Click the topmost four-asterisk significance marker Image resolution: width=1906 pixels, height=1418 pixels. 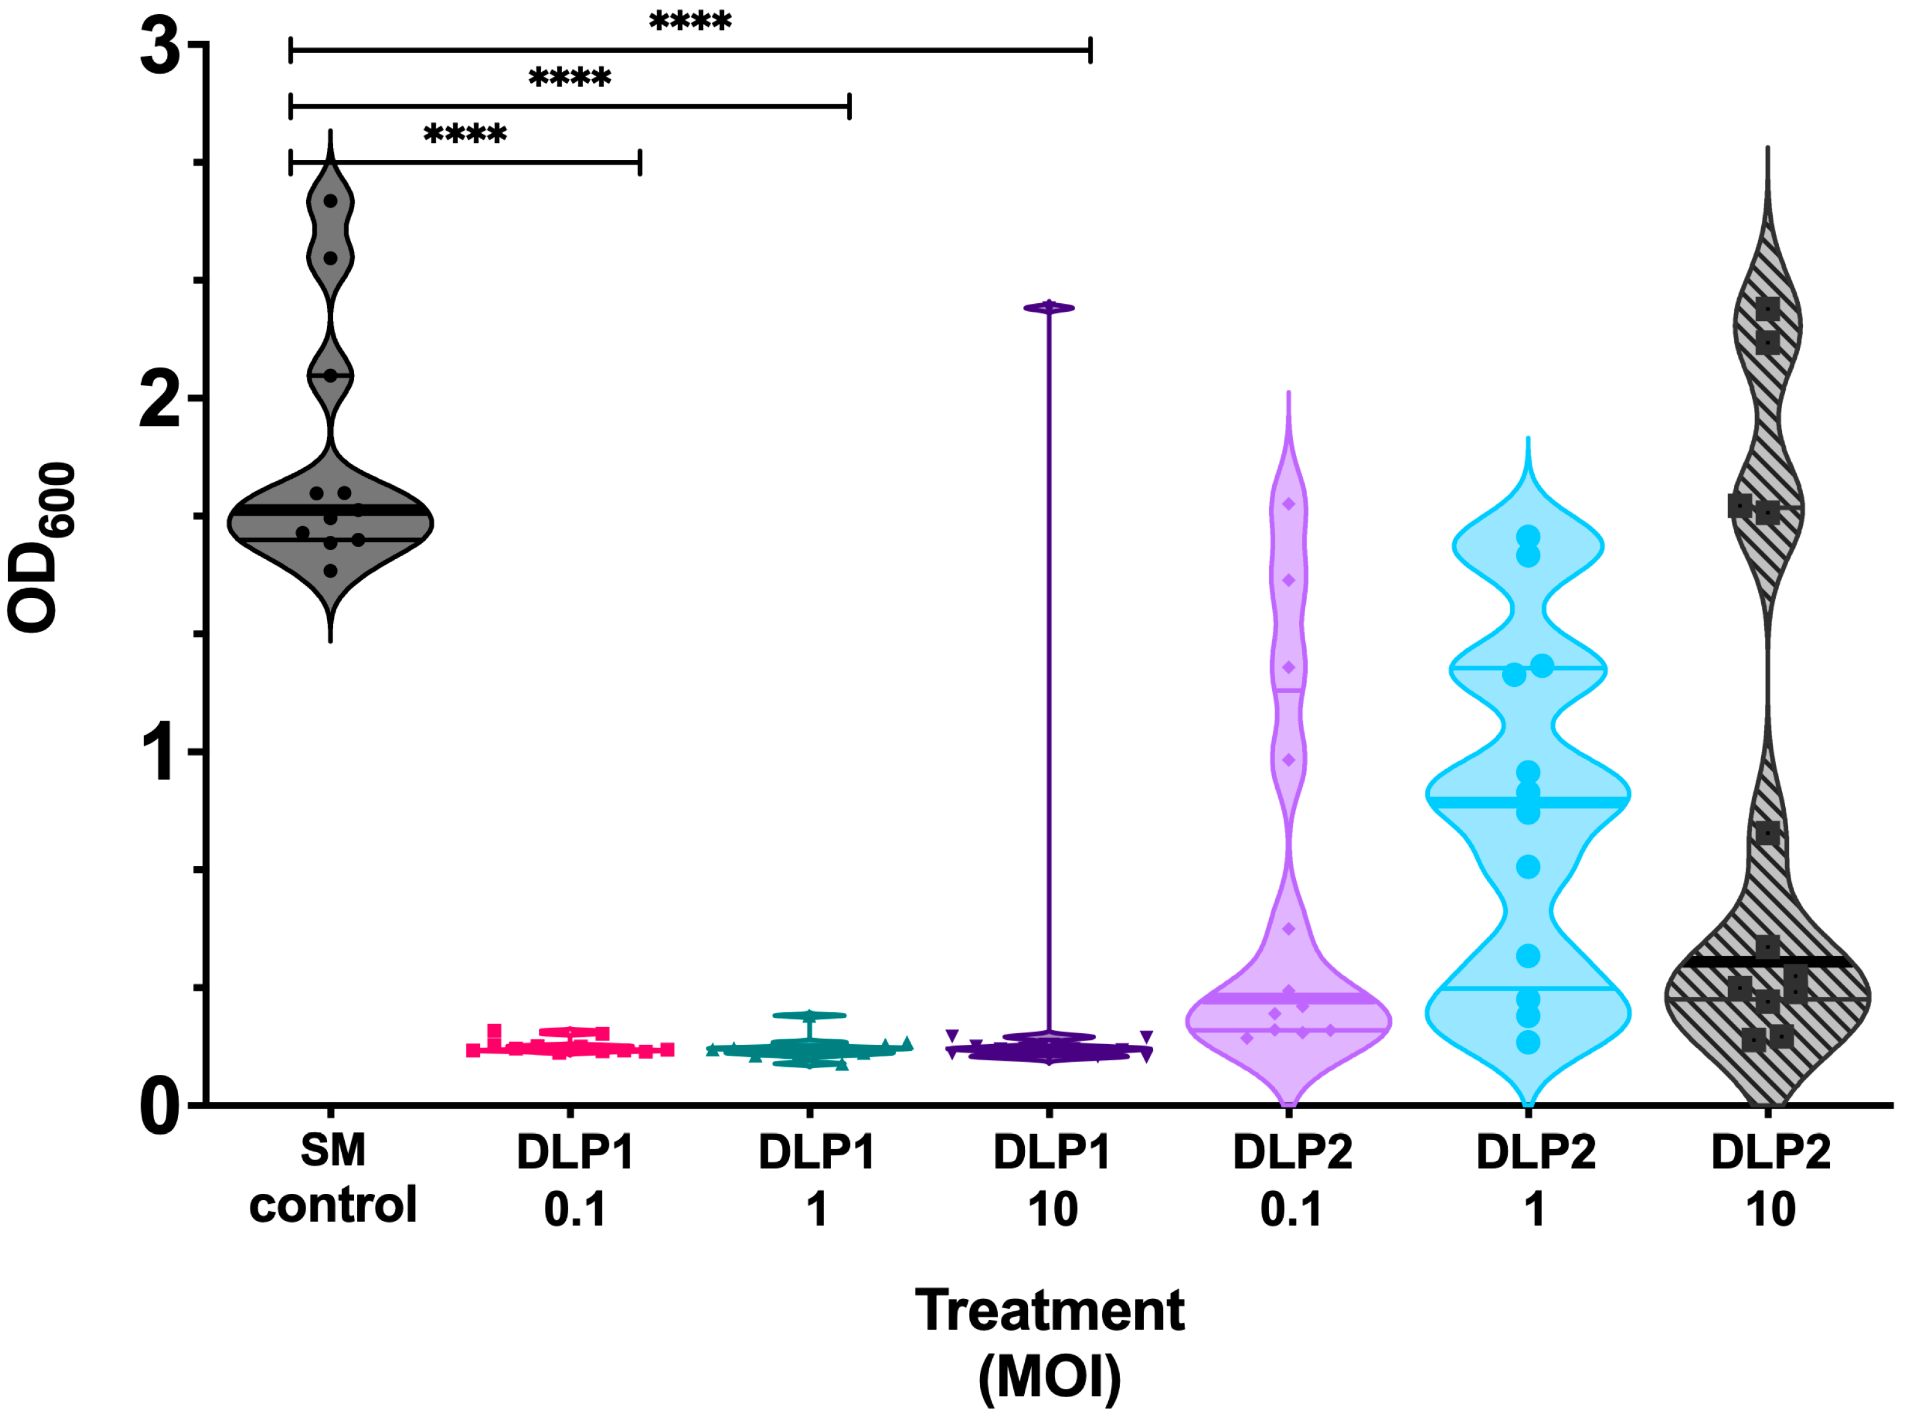click(690, 21)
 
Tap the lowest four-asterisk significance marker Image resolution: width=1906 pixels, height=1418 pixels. click(465, 134)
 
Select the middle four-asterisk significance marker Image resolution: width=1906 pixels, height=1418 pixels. click(570, 77)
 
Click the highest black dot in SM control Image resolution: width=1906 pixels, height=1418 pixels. click(330, 201)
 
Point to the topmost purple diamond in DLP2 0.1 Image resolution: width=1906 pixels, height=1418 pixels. click(1288, 504)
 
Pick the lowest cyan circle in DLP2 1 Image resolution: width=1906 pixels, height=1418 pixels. click(1527, 1042)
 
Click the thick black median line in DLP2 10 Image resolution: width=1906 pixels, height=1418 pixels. click(1768, 961)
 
